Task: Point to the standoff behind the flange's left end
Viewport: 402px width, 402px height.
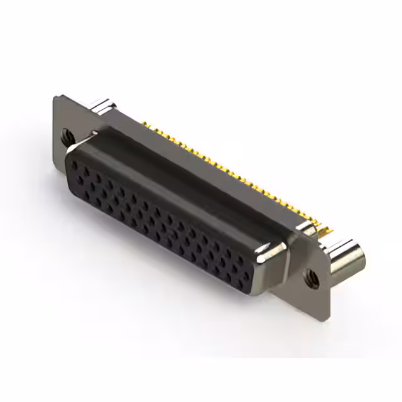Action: tap(104, 106)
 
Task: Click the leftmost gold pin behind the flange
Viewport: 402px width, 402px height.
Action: tap(143, 122)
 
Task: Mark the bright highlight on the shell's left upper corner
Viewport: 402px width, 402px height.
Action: tap(94, 134)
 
